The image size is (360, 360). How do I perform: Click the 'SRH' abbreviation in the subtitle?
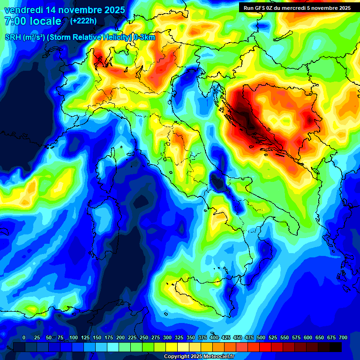[13, 37]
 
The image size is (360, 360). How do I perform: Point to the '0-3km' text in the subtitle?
[144, 37]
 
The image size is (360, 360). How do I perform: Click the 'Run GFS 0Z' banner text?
[262, 8]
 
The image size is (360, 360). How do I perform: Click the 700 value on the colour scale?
[343, 338]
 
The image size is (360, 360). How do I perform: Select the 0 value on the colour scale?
[24, 338]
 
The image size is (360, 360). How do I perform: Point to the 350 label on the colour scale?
[191, 338]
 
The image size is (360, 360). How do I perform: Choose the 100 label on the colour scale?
[74, 338]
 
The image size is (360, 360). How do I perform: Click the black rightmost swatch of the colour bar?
[335, 347]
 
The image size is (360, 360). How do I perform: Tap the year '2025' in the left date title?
[113, 10]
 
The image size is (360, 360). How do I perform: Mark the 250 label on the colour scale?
[144, 338]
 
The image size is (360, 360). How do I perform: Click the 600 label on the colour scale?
[308, 338]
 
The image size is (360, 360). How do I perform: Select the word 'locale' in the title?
[45, 21]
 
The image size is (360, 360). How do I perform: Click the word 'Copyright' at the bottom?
[177, 357]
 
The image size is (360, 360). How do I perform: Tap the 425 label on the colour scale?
[226, 338]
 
